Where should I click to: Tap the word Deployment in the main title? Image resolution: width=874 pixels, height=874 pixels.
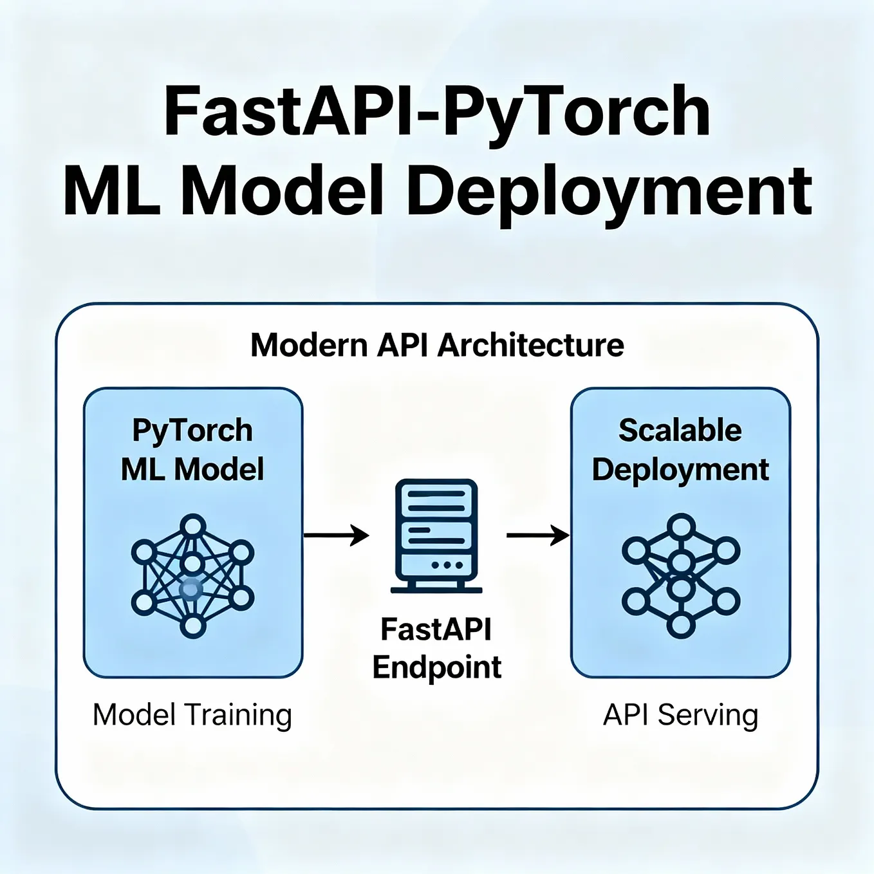tap(609, 191)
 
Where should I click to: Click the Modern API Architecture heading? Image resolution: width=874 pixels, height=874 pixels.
tap(437, 345)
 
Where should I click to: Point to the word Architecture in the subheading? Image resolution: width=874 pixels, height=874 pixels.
tap(530, 345)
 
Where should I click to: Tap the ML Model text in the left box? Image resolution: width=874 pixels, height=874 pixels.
tap(192, 469)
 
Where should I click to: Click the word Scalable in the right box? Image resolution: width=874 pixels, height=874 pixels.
tap(680, 431)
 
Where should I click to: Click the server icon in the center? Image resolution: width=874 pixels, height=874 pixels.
tap(436, 535)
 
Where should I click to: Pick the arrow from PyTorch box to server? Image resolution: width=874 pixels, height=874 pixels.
tap(336, 535)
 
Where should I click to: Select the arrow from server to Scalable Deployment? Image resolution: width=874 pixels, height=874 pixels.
tap(538, 535)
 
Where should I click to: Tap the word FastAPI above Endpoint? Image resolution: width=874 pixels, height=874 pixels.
tap(436, 629)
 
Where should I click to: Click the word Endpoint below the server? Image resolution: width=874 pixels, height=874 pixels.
tap(436, 667)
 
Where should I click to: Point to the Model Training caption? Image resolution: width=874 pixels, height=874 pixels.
tap(192, 715)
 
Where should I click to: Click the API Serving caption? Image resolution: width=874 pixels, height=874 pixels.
tap(680, 715)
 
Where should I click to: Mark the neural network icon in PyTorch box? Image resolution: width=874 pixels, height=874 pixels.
tap(192, 575)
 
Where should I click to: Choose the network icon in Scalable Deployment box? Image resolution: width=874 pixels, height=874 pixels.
tap(680, 575)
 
